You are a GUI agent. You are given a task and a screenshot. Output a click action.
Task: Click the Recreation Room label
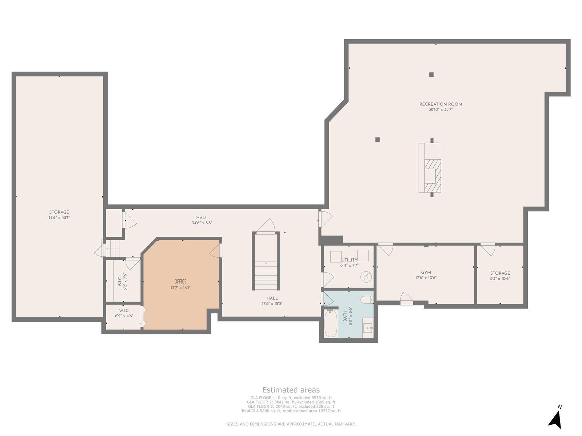(441, 104)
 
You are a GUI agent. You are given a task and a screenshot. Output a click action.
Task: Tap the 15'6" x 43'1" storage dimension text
(59, 218)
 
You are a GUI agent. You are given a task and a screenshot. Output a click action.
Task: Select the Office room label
(180, 281)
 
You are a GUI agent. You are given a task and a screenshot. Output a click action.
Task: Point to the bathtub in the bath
(331, 323)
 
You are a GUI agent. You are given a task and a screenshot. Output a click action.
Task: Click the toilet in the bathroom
(367, 299)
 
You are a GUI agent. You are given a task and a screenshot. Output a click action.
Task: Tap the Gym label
(426, 272)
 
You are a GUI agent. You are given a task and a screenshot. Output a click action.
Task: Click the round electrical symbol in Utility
(366, 277)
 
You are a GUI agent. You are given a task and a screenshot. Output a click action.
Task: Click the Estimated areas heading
(291, 390)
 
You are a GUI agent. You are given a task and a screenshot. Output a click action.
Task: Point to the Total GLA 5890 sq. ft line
(291, 411)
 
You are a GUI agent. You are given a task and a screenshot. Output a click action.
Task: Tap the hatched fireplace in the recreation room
(432, 176)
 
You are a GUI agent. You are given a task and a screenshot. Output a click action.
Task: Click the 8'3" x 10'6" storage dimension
(500, 278)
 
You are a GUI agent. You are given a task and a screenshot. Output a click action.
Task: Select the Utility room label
(349, 260)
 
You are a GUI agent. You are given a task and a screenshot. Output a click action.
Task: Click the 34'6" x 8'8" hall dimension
(202, 223)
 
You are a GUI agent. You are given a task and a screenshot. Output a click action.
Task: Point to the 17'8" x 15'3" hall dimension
(272, 304)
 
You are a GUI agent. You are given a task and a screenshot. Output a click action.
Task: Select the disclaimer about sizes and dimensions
(291, 424)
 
